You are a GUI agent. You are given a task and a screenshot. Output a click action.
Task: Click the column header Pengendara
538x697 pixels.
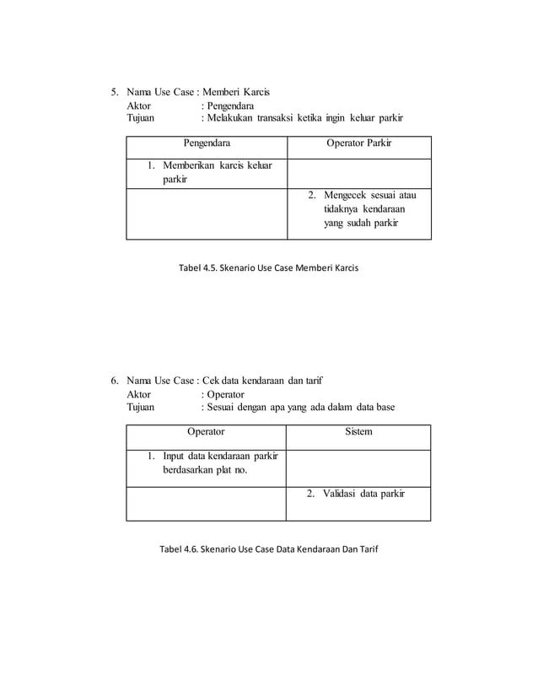(x=206, y=143)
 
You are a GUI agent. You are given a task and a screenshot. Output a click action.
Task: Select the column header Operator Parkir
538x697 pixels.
(x=358, y=143)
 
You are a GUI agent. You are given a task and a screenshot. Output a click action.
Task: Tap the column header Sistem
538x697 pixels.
(x=359, y=431)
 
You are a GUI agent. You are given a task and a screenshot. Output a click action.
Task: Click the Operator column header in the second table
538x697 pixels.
(x=206, y=431)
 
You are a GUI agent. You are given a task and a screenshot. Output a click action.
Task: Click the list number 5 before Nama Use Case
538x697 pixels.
(x=116, y=92)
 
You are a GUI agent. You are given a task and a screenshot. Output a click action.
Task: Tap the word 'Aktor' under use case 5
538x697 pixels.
(x=138, y=107)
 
